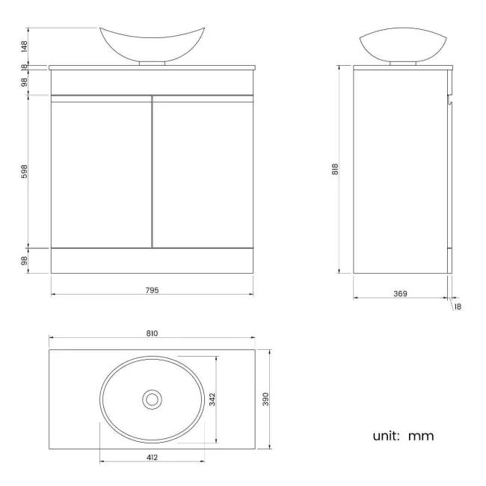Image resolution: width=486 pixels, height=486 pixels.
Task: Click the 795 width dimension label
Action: (153, 289)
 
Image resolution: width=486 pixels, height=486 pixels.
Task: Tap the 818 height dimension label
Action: (336, 170)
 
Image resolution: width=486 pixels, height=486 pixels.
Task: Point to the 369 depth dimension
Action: (400, 294)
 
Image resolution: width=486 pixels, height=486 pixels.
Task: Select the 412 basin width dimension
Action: (153, 457)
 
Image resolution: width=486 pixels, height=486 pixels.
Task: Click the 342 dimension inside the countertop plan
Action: (212, 399)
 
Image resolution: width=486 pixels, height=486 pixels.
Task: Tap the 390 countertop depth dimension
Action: (265, 399)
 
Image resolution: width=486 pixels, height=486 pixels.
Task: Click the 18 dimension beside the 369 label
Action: (457, 306)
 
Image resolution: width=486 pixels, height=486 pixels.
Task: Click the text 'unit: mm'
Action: (404, 435)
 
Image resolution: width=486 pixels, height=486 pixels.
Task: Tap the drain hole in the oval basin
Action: (153, 399)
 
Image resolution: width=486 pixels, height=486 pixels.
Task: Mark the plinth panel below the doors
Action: (153, 260)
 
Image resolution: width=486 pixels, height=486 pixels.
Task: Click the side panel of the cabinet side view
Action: (399, 170)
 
